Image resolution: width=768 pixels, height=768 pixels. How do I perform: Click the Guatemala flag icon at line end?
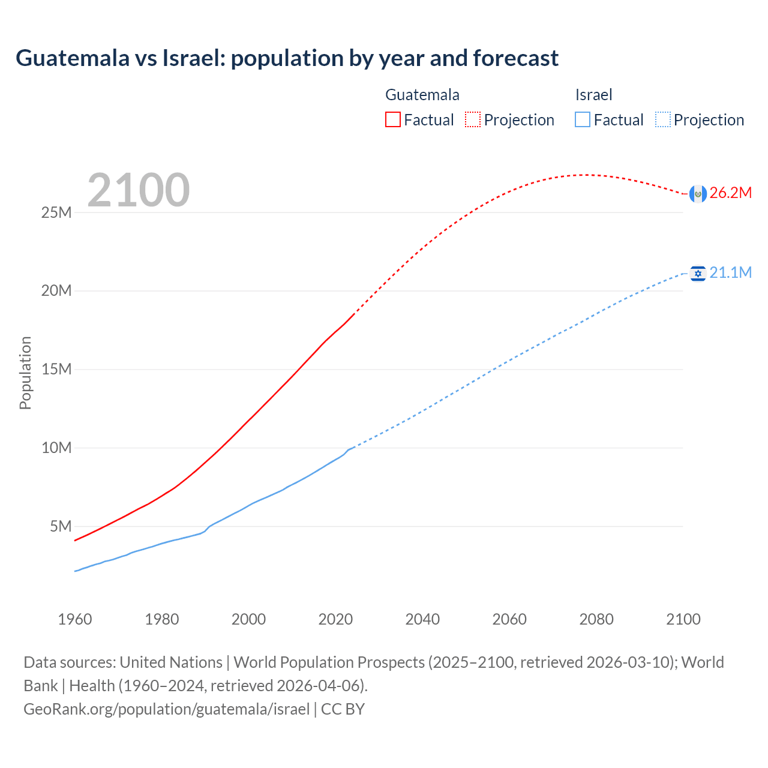click(x=698, y=194)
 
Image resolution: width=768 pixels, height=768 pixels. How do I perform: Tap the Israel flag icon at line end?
click(x=698, y=274)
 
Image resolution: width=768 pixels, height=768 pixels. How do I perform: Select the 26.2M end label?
click(x=730, y=193)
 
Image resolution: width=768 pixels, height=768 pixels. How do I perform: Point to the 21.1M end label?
click(x=730, y=272)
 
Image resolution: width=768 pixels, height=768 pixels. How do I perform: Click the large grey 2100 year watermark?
click(x=139, y=190)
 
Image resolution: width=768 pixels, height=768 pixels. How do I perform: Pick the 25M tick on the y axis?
click(x=56, y=212)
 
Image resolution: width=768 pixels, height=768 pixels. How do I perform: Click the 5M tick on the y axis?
click(x=61, y=526)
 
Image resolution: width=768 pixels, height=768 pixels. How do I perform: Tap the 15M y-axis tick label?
click(x=56, y=369)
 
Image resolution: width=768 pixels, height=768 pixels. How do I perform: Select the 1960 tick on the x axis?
click(x=75, y=619)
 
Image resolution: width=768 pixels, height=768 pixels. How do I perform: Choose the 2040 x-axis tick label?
click(x=422, y=619)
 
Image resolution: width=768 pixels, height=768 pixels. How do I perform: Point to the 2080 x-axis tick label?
click(x=596, y=619)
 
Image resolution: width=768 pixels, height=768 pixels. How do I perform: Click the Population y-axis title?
click(x=25, y=373)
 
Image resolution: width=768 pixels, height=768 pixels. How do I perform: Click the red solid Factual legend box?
click(x=393, y=119)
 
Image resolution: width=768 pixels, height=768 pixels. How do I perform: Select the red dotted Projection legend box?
click(x=473, y=119)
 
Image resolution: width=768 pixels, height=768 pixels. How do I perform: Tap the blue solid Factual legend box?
click(x=583, y=119)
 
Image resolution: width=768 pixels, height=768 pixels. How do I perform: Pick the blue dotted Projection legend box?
click(x=663, y=119)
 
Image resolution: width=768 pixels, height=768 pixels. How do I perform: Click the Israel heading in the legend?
click(x=593, y=95)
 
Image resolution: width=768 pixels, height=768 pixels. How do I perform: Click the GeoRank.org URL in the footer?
click(x=167, y=709)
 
